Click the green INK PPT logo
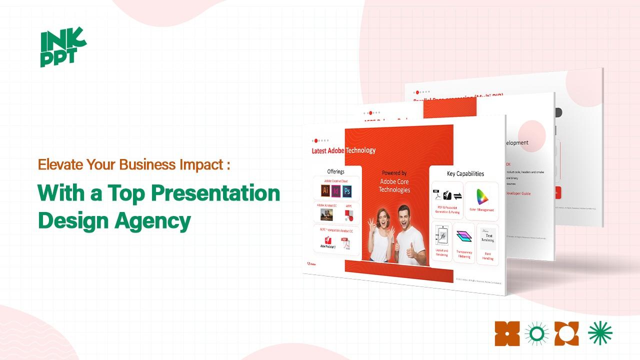tap(62, 48)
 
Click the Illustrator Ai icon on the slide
tap(325, 190)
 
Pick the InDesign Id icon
tap(336, 191)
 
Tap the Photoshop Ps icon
tap(346, 191)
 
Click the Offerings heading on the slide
tap(335, 171)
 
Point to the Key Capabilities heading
tap(465, 173)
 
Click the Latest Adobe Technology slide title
tap(343, 150)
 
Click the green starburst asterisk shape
tap(600, 333)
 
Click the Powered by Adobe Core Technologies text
tap(394, 181)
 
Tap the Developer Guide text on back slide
tap(518, 193)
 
